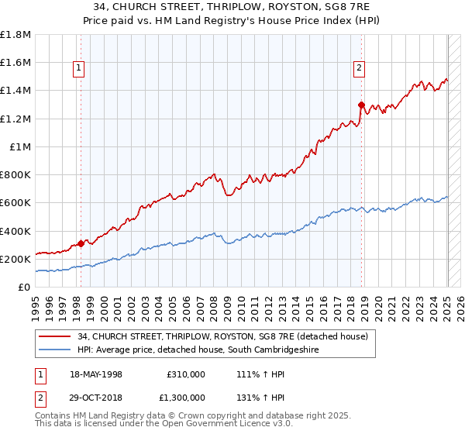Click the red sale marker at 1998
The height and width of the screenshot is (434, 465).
click(81, 243)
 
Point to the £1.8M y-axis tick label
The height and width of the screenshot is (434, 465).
click(15, 35)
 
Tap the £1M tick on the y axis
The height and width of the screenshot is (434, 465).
click(20, 146)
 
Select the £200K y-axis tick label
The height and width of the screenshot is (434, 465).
click(15, 259)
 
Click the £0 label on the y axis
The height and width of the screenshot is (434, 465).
click(25, 287)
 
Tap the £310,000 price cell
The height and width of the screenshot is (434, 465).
click(185, 374)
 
